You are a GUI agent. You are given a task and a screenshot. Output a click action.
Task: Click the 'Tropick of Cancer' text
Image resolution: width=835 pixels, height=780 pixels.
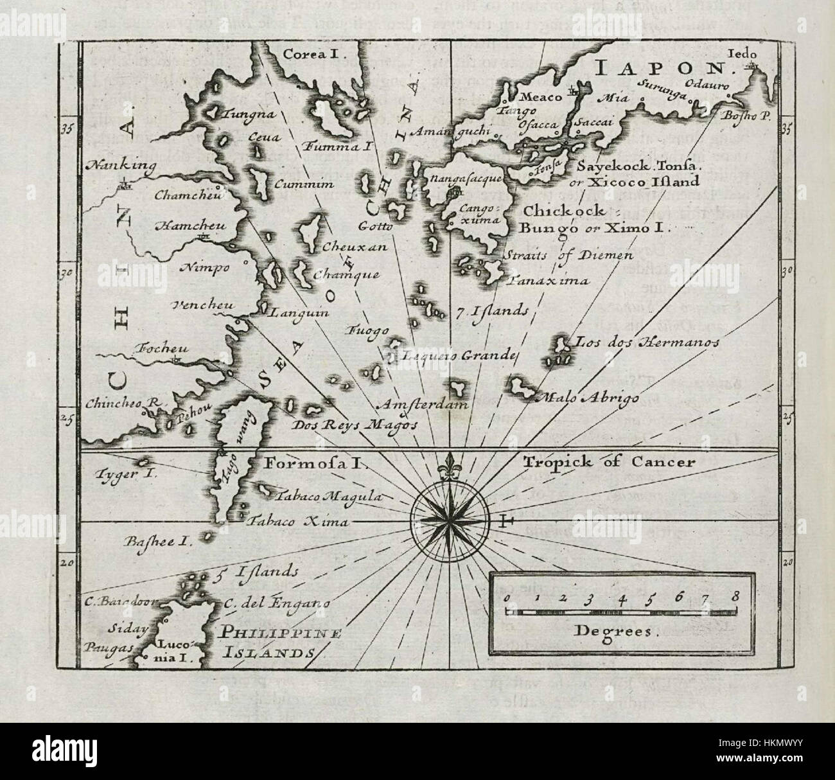click(609, 462)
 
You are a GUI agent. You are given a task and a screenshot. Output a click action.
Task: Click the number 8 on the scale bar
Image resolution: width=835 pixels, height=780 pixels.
click(734, 597)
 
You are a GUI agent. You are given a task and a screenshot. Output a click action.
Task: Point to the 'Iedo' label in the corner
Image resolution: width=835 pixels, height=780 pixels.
click(743, 53)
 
